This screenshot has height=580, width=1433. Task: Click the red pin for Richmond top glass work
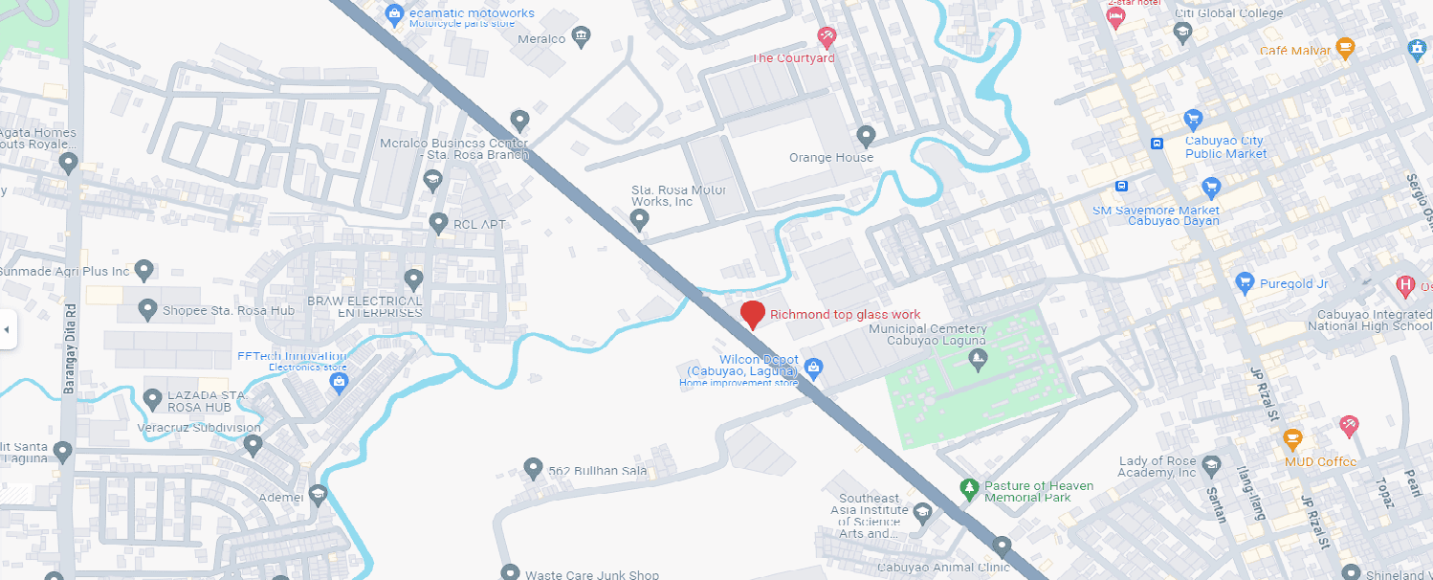(x=753, y=314)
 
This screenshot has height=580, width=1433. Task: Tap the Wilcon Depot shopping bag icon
(x=813, y=366)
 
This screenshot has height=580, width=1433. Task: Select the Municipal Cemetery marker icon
(x=978, y=361)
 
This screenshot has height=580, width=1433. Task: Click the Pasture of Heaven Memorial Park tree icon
(x=969, y=489)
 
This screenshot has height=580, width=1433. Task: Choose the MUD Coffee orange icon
(x=1293, y=440)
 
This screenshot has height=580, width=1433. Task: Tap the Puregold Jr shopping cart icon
(x=1245, y=282)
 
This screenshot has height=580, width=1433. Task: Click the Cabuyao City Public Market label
(x=1225, y=146)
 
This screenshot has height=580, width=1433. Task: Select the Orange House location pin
(x=866, y=136)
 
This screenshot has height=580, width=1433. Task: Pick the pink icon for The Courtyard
(x=827, y=38)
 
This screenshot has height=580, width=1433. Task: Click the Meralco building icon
(x=581, y=37)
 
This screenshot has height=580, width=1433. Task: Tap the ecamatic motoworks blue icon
(x=393, y=14)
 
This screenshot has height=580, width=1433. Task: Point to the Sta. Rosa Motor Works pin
(x=640, y=220)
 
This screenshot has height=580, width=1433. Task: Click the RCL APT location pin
(x=438, y=223)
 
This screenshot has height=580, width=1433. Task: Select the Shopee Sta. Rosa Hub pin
(x=147, y=309)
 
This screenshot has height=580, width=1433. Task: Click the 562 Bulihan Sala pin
(x=533, y=468)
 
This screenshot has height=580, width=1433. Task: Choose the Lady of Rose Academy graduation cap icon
(x=1211, y=465)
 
